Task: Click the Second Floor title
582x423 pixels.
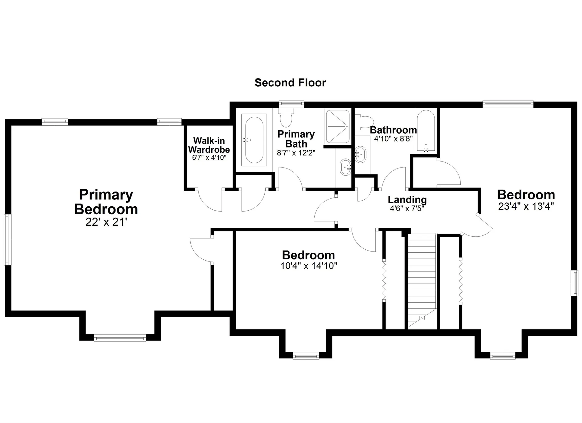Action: [290, 83]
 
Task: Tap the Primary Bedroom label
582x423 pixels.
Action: [106, 202]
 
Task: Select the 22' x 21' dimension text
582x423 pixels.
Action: [106, 222]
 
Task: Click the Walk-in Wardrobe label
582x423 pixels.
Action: [209, 145]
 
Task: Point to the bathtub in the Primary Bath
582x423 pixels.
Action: [254, 140]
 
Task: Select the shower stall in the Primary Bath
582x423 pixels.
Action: [337, 126]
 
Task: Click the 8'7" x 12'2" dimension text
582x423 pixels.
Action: [296, 153]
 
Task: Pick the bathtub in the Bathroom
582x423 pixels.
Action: [426, 131]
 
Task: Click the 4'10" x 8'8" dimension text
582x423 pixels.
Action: [393, 139]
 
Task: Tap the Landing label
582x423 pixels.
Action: [407, 200]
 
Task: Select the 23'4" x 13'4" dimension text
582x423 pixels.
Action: [526, 206]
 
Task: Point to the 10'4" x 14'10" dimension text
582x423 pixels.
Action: [309, 266]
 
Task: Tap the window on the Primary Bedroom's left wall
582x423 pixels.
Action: [7, 240]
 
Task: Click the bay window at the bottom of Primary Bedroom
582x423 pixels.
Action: [120, 338]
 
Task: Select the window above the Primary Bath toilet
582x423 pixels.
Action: [291, 104]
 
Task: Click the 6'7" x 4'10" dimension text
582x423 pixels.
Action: [209, 158]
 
